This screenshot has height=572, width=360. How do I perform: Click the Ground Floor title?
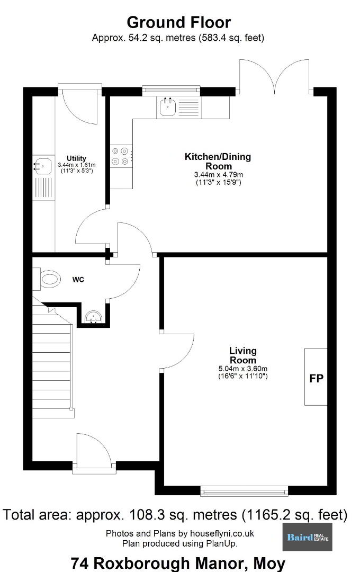[x=179, y=22]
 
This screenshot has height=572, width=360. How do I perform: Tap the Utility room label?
[x=76, y=158]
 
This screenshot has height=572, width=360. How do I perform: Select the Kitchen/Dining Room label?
[x=218, y=161]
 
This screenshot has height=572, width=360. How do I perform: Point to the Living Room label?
[x=243, y=355]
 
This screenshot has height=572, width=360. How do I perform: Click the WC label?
[x=78, y=280]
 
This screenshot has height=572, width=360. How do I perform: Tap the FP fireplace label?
[x=316, y=378]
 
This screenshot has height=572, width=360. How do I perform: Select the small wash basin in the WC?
[x=94, y=317]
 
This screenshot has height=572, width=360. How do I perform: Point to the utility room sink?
[x=43, y=166]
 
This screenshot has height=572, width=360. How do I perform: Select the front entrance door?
[x=94, y=452]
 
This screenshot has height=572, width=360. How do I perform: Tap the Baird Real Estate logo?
[x=308, y=537]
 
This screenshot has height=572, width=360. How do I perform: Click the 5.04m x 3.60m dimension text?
[x=243, y=369]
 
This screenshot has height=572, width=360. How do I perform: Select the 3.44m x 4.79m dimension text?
[x=219, y=175]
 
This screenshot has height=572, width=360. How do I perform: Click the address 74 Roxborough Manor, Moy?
[x=178, y=564]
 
